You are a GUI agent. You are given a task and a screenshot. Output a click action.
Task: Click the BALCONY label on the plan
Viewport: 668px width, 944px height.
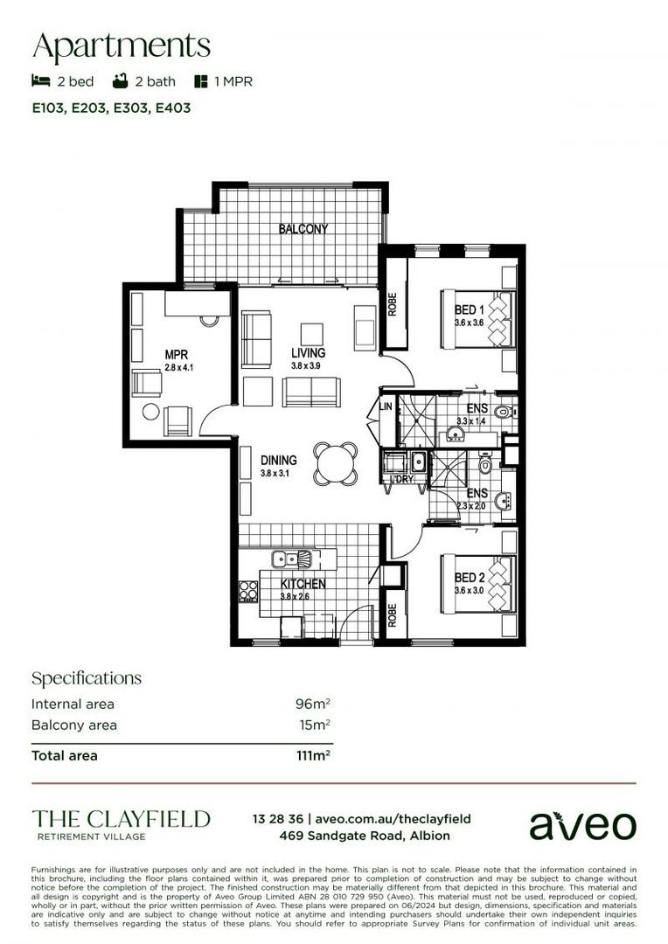303,229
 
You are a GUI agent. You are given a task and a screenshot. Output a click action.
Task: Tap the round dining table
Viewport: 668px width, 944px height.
337,463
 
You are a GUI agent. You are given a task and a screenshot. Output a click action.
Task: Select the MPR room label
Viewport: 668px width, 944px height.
177,355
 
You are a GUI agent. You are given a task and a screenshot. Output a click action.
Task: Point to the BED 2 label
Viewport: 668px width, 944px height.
470,578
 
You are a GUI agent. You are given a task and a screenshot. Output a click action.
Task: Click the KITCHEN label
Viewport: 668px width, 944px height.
303,584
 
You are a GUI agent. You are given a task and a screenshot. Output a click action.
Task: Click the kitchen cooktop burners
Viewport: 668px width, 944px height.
248,592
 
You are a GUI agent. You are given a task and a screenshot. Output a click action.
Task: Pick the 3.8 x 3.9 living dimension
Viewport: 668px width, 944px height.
308,366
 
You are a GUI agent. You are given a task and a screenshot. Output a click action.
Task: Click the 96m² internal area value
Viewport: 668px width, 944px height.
313,704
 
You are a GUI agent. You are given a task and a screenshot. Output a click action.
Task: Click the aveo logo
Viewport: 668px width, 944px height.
583,824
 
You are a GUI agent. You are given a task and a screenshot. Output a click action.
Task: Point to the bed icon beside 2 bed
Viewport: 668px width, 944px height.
40,81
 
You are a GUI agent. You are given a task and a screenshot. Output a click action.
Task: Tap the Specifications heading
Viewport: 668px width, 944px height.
86,678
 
